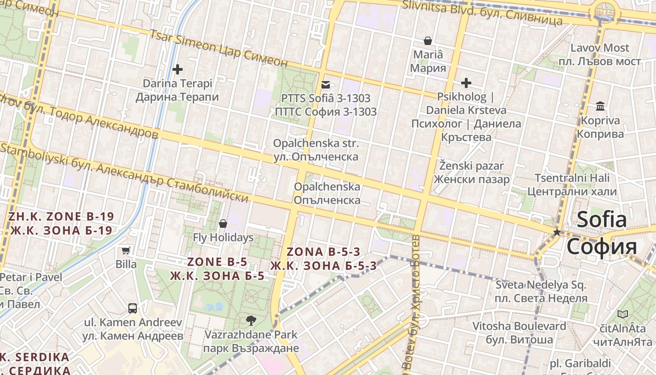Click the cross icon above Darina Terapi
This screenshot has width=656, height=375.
pos(178,69)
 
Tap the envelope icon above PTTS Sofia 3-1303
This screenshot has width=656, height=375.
pos(326,85)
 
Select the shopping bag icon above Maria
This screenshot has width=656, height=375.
pos(427,41)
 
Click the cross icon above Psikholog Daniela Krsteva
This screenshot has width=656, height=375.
pos(466,83)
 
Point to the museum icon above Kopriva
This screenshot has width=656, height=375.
pos(600,106)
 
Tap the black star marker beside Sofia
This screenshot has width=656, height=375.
pos(557,232)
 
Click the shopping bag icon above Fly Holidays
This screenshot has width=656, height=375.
pos(223,224)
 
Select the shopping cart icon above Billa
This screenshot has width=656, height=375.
pos(126,250)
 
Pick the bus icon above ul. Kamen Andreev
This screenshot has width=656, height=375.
pos(133,308)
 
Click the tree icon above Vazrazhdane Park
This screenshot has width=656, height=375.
pos(251,321)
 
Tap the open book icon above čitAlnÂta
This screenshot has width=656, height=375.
pos(622,314)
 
